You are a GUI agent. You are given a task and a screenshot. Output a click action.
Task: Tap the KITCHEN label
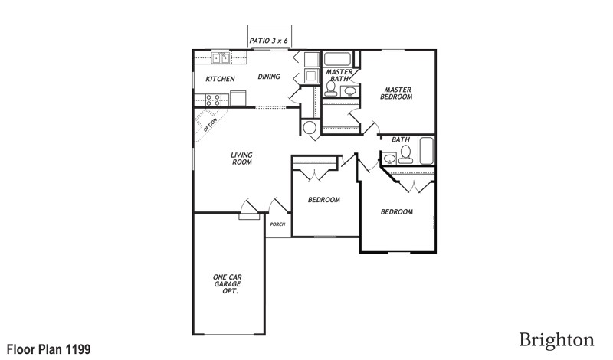click(220, 79)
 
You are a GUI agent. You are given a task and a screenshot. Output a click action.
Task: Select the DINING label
click(268, 77)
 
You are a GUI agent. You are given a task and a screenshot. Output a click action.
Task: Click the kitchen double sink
click(221, 57)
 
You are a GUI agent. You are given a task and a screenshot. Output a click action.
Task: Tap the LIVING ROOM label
click(242, 159)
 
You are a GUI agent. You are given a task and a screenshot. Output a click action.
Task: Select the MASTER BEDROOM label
click(397, 93)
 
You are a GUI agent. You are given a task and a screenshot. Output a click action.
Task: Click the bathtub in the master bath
click(337, 59)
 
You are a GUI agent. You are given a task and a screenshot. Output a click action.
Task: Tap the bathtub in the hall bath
click(426, 151)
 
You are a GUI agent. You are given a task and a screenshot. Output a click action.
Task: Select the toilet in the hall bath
click(406, 156)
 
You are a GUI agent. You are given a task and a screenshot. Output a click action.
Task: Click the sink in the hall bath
click(390, 159)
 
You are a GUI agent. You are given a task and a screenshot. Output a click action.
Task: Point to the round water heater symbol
click(310, 129)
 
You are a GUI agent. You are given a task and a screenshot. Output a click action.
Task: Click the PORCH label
click(277, 224)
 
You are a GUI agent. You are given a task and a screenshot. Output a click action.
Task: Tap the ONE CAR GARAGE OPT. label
click(228, 284)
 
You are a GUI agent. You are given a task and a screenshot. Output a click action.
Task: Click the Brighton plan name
click(556, 339)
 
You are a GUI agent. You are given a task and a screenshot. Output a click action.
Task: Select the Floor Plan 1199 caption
click(49, 349)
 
